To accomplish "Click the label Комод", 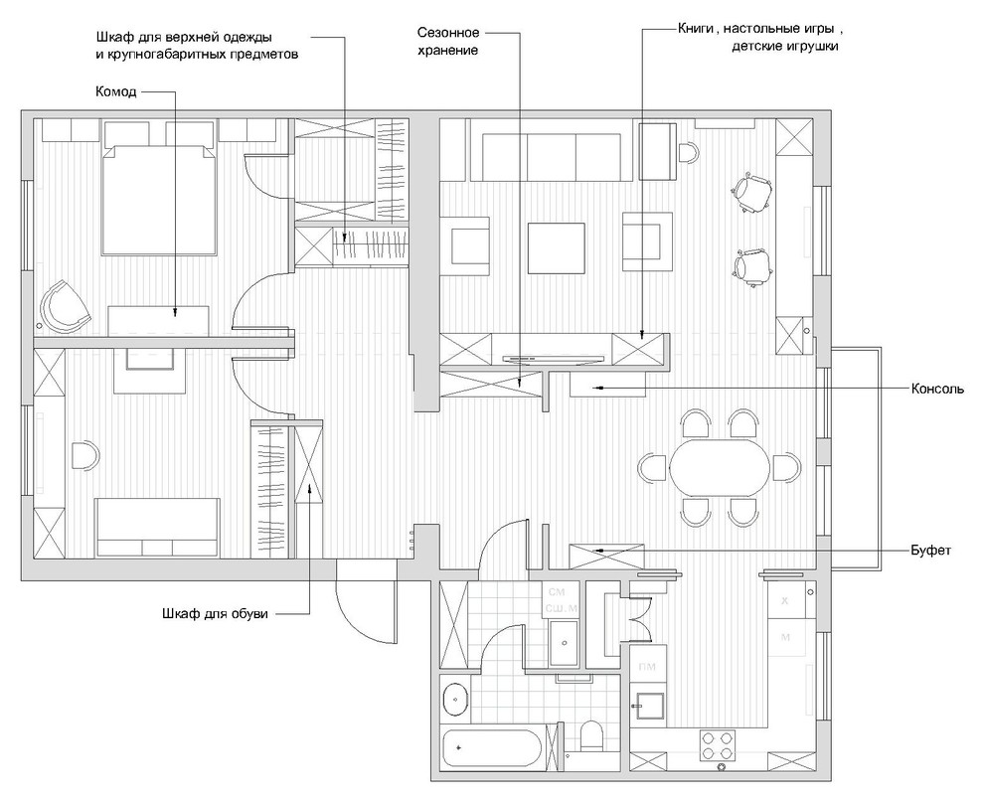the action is click(x=115, y=91).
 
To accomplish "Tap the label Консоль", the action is click(x=937, y=389).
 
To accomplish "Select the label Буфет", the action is click(x=930, y=551).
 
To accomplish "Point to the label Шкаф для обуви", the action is click(x=215, y=614).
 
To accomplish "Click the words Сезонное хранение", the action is click(x=448, y=42).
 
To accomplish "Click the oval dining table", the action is click(x=720, y=468).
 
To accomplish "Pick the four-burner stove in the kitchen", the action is click(x=718, y=745).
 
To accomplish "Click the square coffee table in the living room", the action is click(x=556, y=247).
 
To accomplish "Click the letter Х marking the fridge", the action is click(x=784, y=600).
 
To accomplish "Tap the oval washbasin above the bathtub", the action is click(x=455, y=698).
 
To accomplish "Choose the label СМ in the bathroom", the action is click(x=555, y=592).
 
